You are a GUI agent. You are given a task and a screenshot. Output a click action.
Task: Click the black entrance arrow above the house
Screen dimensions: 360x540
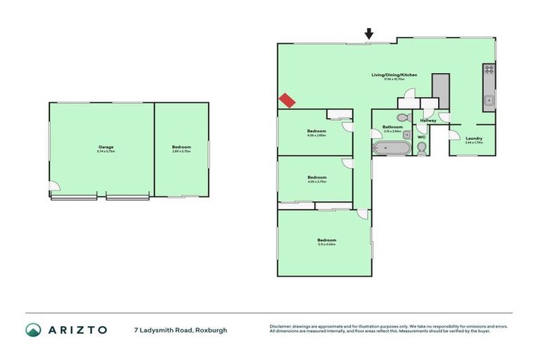[x=369, y=33]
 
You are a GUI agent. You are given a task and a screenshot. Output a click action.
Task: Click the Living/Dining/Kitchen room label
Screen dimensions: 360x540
[x=394, y=75]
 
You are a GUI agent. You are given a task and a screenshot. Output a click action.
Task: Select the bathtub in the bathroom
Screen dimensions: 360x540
[x=391, y=148]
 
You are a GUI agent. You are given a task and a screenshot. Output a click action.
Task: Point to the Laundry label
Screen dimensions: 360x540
[x=474, y=138]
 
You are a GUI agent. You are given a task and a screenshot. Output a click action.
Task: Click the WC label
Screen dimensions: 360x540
[x=421, y=136]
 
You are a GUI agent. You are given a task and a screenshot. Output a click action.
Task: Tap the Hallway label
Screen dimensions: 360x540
[x=427, y=120]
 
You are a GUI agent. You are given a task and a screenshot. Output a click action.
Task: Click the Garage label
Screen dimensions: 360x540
[x=105, y=147]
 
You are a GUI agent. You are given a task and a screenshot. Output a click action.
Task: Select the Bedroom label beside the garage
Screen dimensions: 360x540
[x=181, y=147]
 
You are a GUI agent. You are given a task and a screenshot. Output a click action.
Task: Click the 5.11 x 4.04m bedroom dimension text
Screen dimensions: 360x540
[x=325, y=244]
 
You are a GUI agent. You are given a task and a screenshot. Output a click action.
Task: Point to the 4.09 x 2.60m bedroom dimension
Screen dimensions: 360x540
[x=316, y=136]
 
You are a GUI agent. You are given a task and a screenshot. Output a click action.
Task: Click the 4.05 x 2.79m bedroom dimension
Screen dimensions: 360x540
[x=316, y=181]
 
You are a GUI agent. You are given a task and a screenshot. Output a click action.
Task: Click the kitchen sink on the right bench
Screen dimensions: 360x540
[x=488, y=101]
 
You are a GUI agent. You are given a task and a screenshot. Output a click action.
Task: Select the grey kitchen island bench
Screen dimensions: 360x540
[x=440, y=91]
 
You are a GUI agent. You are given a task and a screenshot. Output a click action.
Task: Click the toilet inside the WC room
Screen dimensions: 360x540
[x=421, y=148]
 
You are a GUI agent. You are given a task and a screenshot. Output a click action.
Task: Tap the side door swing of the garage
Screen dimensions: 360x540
[x=55, y=186]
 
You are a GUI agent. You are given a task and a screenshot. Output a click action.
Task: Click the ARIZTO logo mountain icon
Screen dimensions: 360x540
[x=33, y=330]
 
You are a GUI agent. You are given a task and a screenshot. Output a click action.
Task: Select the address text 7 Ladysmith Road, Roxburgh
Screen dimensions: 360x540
[x=181, y=330]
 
